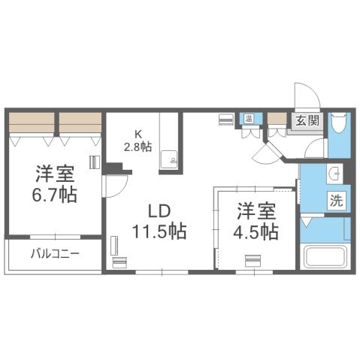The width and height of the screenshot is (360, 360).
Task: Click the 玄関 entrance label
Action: point(307,120)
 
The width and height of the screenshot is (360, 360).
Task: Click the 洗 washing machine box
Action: point(336,201)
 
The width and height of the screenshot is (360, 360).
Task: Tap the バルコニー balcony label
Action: point(55,253)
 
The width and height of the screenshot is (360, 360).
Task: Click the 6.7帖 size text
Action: point(55,195)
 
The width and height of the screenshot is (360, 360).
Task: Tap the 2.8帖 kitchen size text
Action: point(140,147)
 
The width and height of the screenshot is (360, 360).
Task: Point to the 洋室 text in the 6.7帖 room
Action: point(54,174)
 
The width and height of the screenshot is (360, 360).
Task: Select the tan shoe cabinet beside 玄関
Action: point(277,118)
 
